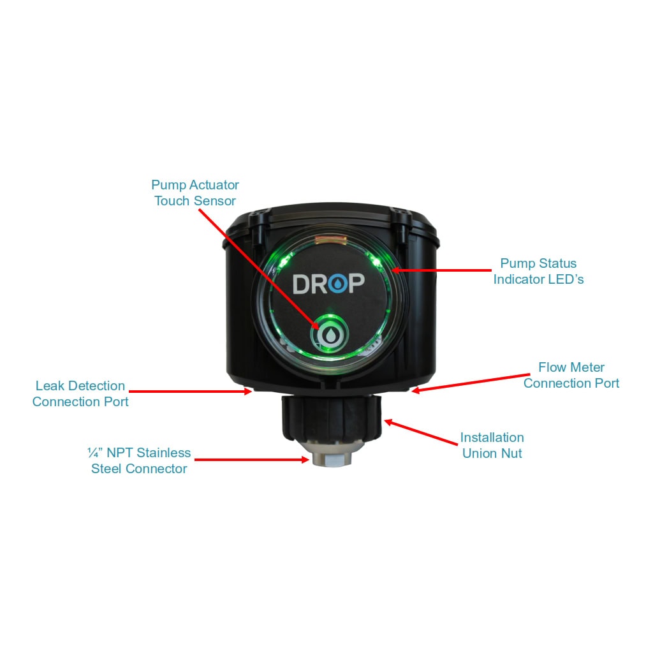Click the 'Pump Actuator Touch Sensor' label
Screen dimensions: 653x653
[195, 193]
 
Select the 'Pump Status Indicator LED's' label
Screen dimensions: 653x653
[538, 271]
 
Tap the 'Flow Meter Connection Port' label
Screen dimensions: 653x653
[571, 375]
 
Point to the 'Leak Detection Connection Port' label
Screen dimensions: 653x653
[80, 393]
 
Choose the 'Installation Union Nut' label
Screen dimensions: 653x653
[492, 445]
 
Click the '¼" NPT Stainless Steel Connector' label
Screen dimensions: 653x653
[139, 460]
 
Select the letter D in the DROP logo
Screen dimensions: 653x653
[302, 284]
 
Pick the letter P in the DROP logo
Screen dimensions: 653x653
[357, 284]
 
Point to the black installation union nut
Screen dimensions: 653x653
[332, 418]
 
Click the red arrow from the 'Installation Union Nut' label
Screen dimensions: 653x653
[421, 433]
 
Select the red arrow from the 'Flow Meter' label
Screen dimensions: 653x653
[470, 383]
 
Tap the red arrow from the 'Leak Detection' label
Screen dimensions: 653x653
[190, 391]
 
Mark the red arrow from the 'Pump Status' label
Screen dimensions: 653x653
[441, 270]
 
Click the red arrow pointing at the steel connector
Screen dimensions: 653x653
[252, 460]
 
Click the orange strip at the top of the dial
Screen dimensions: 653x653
[331, 240]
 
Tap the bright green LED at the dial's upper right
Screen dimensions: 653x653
[376, 262]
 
